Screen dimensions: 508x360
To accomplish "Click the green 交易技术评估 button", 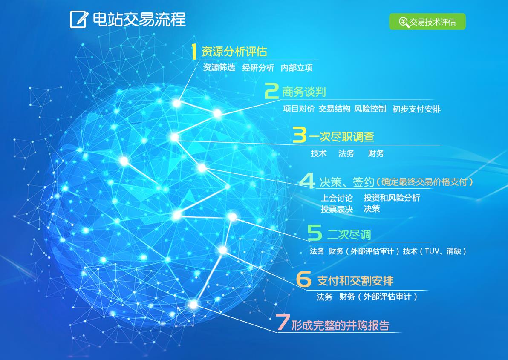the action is [427, 22].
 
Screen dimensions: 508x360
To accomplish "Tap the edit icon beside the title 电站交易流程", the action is [79, 20].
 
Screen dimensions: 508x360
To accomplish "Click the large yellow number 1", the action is [194, 52].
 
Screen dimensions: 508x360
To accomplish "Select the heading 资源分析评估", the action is [234, 52].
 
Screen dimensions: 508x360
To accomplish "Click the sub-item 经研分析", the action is [258, 68].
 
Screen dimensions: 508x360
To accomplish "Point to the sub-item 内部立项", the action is [297, 68].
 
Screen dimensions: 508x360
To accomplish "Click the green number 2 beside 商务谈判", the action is [271, 91].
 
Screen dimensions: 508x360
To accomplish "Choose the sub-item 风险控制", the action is [370, 109].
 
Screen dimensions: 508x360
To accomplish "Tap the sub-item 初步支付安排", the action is [416, 109].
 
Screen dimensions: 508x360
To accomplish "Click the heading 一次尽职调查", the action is [341, 137].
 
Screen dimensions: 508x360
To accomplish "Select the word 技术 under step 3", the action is [319, 153].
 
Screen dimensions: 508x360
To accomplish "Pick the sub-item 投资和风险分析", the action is [392, 198].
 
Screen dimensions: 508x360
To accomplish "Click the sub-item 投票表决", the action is [337, 209].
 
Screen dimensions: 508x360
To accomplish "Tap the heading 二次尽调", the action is [349, 234].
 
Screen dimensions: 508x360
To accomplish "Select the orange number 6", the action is [303, 279].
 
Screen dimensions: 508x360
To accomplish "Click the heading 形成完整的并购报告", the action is [340, 325].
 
